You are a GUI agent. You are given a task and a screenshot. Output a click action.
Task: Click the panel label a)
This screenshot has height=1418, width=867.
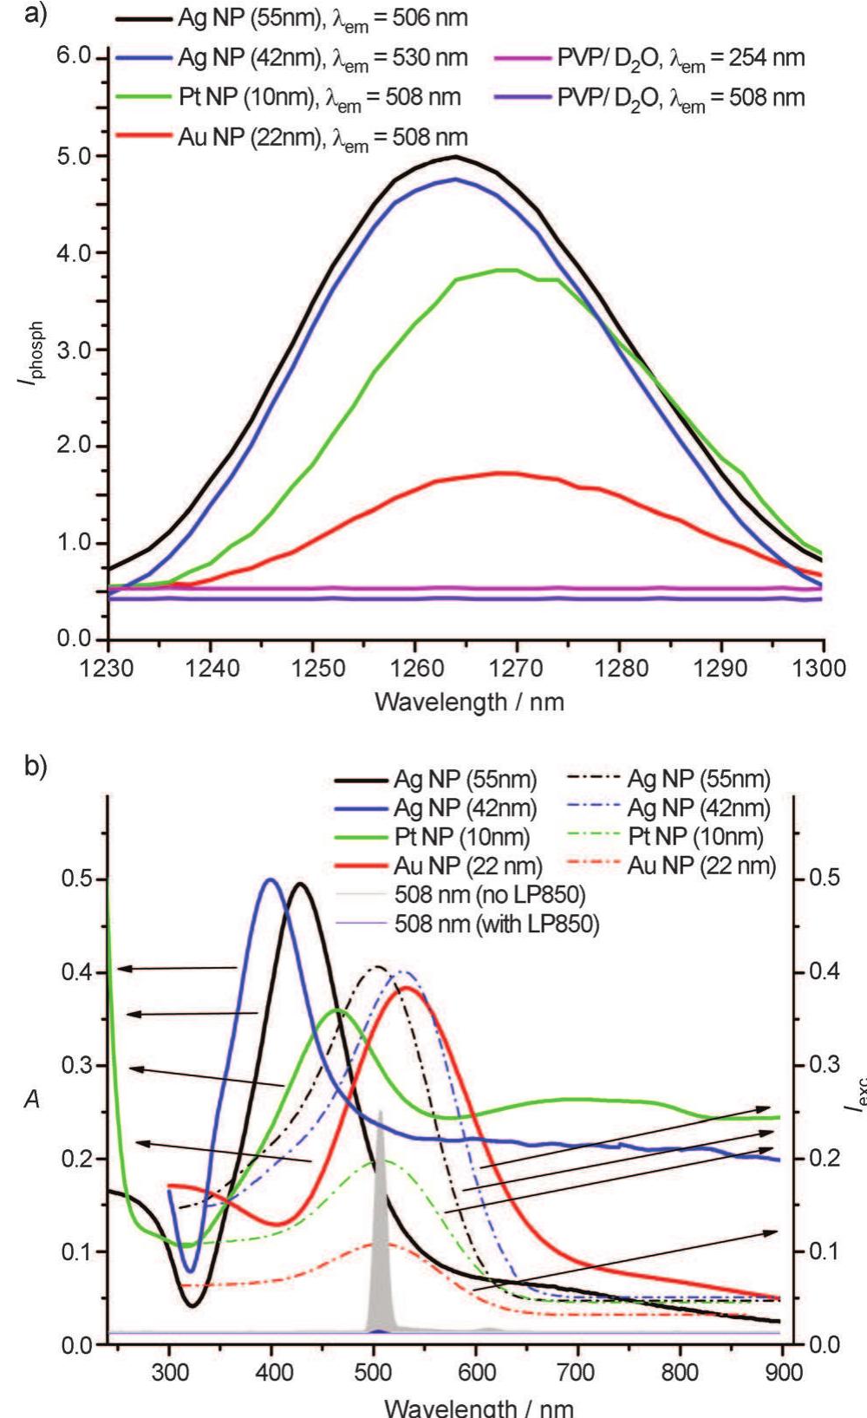(x=36, y=15)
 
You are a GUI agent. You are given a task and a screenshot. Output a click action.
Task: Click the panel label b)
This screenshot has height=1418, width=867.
(x=36, y=768)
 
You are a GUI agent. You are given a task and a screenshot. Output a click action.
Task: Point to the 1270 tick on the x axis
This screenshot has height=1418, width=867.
(x=517, y=669)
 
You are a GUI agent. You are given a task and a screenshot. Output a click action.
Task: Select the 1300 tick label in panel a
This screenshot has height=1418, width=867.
(x=822, y=669)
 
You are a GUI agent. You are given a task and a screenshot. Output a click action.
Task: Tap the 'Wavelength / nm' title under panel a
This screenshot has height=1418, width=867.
(x=469, y=702)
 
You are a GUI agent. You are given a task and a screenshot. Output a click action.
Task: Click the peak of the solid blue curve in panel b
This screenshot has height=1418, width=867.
(x=271, y=879)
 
